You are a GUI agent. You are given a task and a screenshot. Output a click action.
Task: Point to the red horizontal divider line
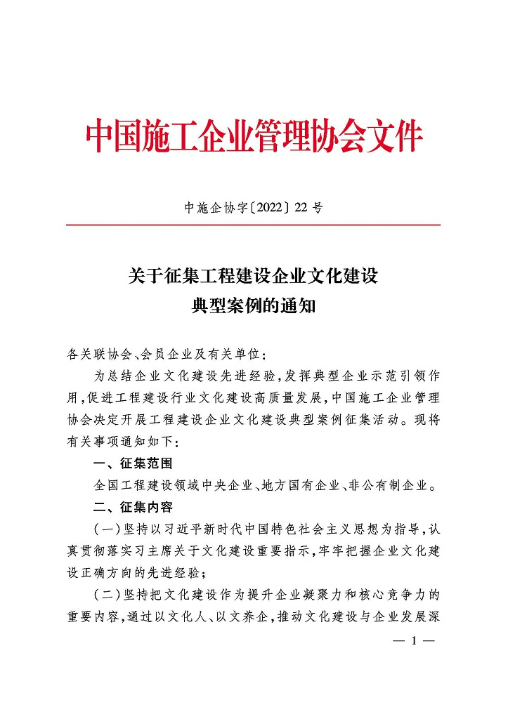point(254,225)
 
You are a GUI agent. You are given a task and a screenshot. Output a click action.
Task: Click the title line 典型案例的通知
point(254,307)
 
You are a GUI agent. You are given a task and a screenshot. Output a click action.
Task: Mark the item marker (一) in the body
point(105,528)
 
